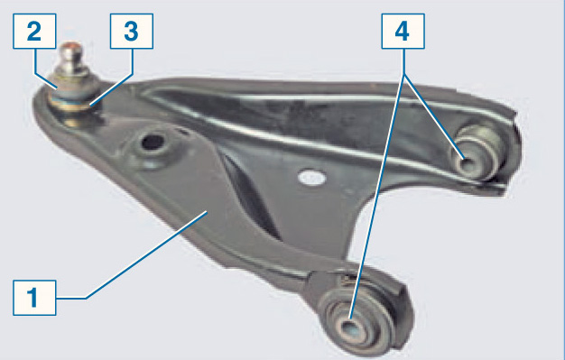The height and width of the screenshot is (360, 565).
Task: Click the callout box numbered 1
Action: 34,298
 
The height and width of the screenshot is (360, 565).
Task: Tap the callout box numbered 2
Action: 34,32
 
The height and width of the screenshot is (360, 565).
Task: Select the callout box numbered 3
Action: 132,32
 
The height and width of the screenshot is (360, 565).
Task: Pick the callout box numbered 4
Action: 403,32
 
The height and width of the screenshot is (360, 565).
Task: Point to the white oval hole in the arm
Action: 312,178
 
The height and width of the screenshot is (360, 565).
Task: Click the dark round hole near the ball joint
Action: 153,142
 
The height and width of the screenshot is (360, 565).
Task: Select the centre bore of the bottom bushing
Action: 348,328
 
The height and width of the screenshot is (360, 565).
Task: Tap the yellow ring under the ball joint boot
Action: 70,106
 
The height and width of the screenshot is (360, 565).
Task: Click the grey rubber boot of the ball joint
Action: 74,87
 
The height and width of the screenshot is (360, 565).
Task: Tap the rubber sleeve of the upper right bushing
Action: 477,152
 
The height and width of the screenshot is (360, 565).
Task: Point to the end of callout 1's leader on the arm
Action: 208,212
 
